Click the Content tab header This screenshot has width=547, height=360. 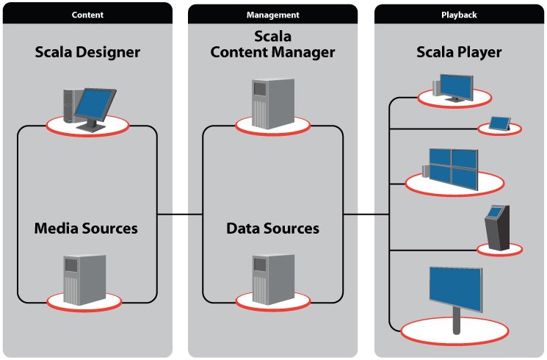(x=87, y=13)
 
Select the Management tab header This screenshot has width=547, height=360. (x=272, y=13)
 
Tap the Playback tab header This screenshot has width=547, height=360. (x=460, y=13)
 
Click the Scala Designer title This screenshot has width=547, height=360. (x=87, y=52)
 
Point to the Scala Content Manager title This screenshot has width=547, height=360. (x=272, y=45)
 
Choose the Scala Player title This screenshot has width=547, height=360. (x=459, y=52)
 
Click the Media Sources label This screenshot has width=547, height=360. (x=86, y=228)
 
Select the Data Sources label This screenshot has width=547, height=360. (x=272, y=228)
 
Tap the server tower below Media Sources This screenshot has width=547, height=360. (x=83, y=280)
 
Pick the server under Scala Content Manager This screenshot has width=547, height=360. (x=270, y=103)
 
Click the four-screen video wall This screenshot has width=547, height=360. (x=452, y=167)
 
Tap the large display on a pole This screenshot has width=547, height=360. (x=454, y=291)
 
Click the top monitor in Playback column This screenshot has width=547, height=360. (x=455, y=87)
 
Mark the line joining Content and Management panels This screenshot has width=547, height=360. (x=181, y=215)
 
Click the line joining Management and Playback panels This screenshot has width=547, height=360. (x=366, y=215)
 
